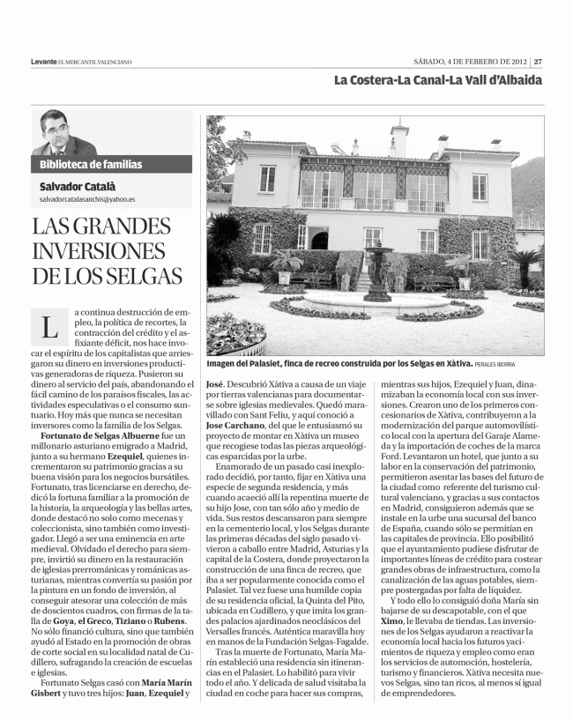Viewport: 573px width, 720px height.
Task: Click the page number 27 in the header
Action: pos(538,61)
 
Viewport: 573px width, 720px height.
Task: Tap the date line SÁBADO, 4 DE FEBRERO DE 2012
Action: pos(472,61)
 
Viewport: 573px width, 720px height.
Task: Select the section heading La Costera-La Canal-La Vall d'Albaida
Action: pos(438,80)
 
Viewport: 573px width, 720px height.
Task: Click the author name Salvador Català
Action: pos(79,186)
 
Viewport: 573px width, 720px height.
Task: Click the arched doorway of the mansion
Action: pos(319,239)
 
